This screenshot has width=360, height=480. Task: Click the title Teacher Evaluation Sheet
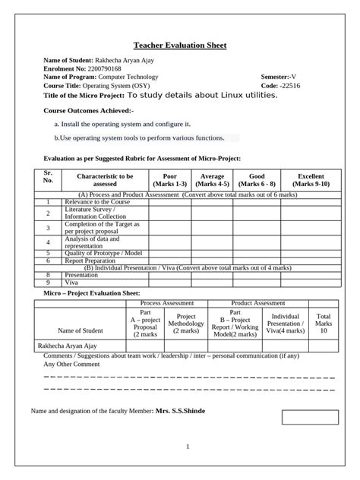180,46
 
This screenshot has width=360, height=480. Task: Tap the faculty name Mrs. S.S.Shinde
180,411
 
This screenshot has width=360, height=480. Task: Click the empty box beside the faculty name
309,417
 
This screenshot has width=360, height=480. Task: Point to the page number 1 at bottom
187,447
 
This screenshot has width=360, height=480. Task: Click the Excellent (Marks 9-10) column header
311,179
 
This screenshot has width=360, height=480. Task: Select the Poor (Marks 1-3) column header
169,179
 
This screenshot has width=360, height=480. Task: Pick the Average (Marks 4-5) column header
212,179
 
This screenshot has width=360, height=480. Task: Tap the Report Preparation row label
91,260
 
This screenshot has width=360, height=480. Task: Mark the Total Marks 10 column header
324,323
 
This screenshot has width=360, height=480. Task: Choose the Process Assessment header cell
166,302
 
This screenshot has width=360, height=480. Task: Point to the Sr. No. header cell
48,179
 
